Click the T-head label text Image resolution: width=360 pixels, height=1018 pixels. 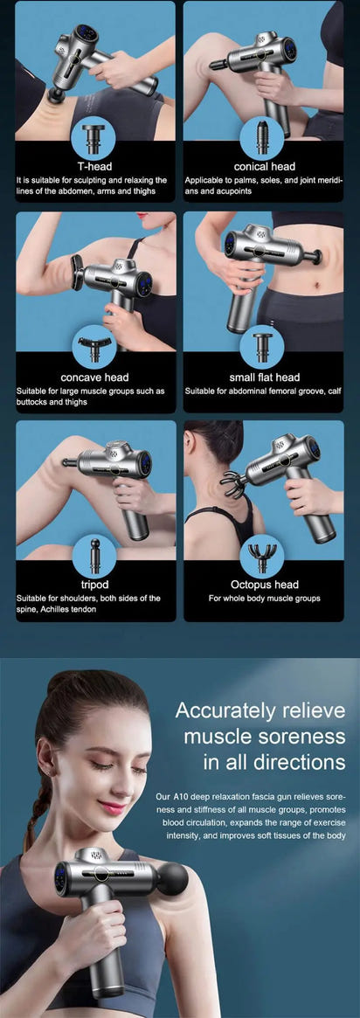(94, 166)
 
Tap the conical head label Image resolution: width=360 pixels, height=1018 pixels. (264, 166)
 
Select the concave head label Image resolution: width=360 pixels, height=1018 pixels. (94, 377)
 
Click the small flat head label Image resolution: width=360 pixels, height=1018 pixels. (264, 377)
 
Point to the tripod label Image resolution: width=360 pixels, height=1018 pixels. (94, 585)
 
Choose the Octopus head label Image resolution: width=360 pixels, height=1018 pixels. (264, 585)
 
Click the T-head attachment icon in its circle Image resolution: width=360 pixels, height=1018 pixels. (94, 137)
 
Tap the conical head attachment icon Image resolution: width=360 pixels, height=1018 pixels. (263, 137)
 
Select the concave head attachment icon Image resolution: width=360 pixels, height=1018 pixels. (94, 348)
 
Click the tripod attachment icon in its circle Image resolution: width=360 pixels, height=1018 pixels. (94, 555)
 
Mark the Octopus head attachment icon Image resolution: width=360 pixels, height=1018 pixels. (263, 555)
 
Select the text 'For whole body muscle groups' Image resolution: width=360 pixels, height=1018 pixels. (264, 599)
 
